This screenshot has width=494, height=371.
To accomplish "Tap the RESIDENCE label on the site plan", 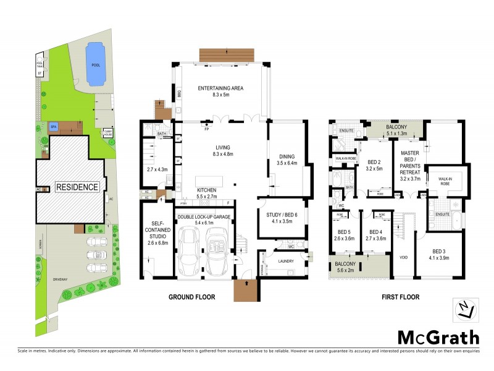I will pyautogui.click(x=77, y=187).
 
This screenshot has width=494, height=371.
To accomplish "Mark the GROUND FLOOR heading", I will pyautogui.click(x=192, y=297).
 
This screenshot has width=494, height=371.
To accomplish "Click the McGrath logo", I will pyautogui.click(x=437, y=337).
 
